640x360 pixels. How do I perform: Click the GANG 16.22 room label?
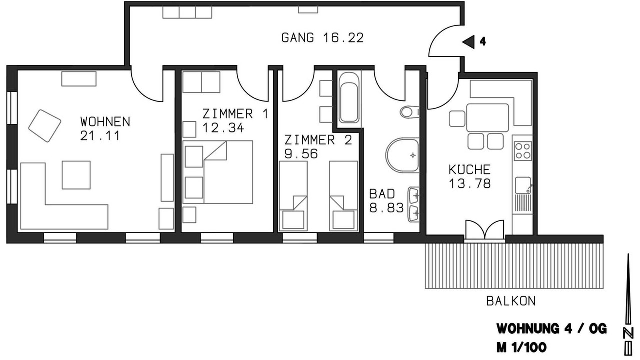click(x=322, y=38)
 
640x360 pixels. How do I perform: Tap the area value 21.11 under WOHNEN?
click(x=100, y=136)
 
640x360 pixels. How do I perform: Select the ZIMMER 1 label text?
click(x=235, y=114)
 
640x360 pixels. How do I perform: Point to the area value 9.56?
click(x=301, y=154)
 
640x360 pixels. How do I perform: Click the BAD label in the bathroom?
click(x=382, y=194)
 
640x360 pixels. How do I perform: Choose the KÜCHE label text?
click(x=469, y=169)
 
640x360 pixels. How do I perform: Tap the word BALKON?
click(x=511, y=301)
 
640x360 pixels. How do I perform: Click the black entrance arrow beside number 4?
click(x=468, y=42)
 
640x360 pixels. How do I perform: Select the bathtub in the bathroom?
click(x=349, y=97)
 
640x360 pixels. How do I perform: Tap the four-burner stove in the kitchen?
click(x=523, y=151)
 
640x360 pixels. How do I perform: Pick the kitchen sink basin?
click(x=523, y=185)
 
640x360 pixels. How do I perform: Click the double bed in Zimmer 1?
click(x=218, y=172)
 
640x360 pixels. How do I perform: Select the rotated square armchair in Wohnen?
click(x=45, y=126)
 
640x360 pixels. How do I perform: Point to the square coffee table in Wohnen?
click(x=76, y=175)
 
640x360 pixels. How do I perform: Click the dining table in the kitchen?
click(x=487, y=117)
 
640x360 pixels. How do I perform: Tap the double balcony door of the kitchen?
click(x=485, y=230)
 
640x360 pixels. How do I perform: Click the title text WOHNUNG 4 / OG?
click(x=552, y=329)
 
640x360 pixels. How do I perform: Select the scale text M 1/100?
click(x=521, y=348)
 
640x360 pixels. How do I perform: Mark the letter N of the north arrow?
click(x=628, y=332)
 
